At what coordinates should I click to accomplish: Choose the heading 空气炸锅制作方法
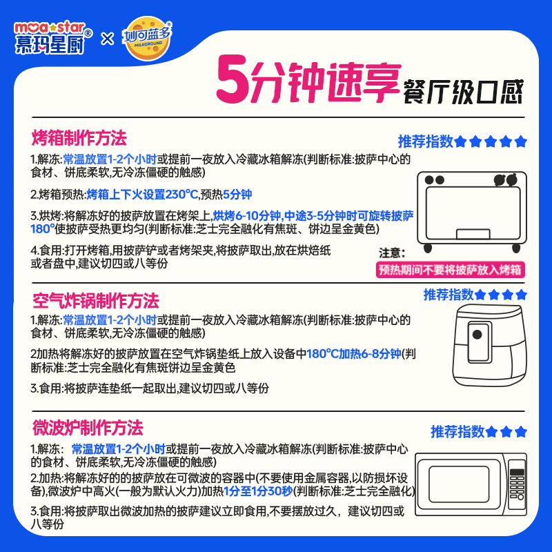click(x=95, y=301)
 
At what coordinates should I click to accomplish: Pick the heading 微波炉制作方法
click(x=87, y=426)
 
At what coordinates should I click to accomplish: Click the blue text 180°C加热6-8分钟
click(x=353, y=354)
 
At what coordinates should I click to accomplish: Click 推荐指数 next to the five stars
click(x=425, y=141)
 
